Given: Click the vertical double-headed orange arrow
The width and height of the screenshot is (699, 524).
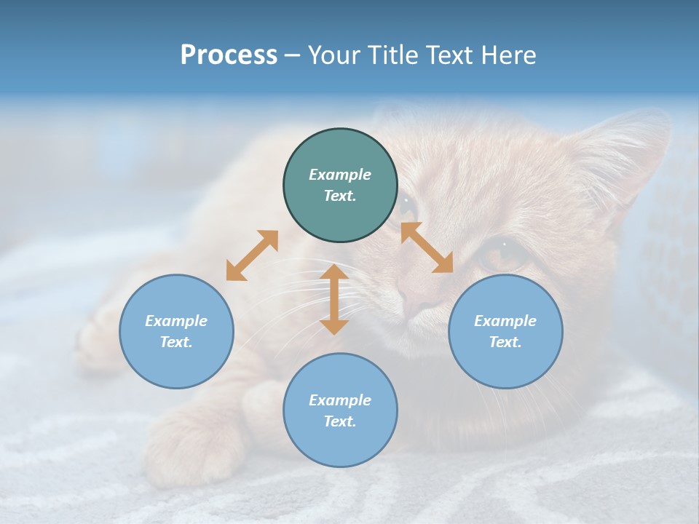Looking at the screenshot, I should point(334,299).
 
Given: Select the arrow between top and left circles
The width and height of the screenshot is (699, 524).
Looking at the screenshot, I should point(252,255).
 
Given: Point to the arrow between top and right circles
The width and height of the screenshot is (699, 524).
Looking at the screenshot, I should point(427,247).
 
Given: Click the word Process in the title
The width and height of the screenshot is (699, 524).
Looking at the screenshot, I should point(229,55).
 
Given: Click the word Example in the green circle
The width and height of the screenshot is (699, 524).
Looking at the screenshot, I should point(340,175).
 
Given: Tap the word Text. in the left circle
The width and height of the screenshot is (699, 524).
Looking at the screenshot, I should point(176,342).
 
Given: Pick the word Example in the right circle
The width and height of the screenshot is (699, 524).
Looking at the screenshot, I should point(505,321).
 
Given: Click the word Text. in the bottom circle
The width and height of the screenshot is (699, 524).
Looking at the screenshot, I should point(340,421).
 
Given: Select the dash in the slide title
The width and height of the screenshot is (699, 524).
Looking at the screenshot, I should point(292,55).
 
